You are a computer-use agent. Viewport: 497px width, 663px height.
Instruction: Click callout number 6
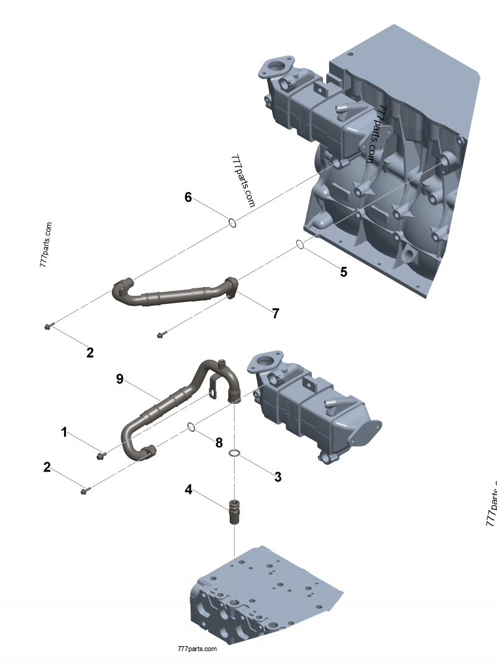coord(188,197)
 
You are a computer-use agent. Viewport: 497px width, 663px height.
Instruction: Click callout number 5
coord(343,272)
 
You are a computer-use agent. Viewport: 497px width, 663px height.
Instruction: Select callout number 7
coord(275,314)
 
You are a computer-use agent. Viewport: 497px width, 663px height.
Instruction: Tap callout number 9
coord(120,378)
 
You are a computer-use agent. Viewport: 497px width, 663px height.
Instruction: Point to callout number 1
coord(64,432)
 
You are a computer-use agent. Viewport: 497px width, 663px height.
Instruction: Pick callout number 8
coord(219,443)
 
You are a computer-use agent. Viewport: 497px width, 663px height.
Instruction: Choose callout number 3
coord(278,477)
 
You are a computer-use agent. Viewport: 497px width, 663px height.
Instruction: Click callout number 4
coord(188,489)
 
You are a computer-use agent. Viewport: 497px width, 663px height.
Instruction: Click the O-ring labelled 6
coord(231,222)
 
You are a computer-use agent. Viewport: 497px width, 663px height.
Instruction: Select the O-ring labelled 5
coord(300,244)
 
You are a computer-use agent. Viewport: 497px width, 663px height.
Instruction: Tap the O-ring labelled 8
coord(193,427)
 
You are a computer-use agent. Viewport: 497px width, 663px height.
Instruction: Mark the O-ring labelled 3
coord(234,454)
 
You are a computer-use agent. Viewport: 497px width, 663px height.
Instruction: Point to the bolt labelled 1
coord(100,457)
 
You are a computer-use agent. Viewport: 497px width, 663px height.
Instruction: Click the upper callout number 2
coord(90,353)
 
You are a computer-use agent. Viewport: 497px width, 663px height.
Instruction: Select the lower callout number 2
coord(47,467)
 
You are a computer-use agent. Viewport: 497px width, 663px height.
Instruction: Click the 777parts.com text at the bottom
coord(197,648)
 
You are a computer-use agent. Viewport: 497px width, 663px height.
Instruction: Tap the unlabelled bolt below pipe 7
coord(161,335)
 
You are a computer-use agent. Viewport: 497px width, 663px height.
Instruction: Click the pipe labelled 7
coord(174,294)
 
